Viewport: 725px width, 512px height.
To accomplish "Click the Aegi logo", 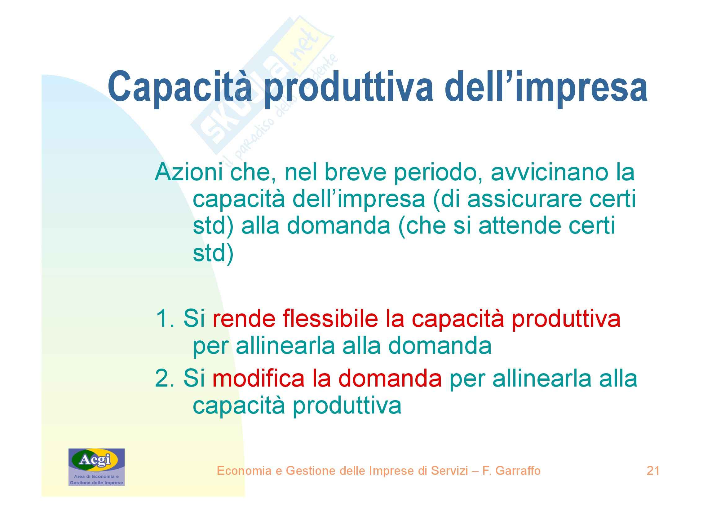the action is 96,467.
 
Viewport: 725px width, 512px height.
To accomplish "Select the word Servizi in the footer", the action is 450,471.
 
